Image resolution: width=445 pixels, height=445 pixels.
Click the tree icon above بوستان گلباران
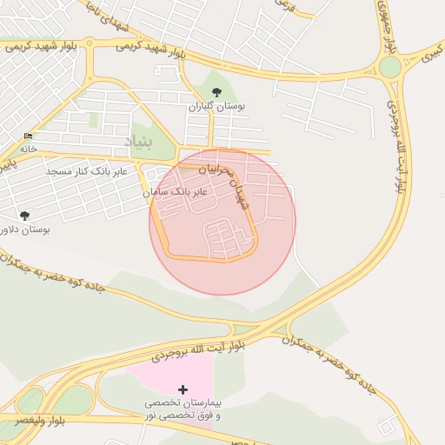[x=216, y=92]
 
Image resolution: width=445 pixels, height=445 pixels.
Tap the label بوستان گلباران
[x=217, y=106]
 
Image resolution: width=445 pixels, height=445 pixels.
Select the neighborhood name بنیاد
[x=137, y=141]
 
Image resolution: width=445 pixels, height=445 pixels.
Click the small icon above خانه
[x=29, y=136]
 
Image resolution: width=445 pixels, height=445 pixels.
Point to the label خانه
[x=29, y=149]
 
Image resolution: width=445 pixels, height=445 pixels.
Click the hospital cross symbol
[x=182, y=390]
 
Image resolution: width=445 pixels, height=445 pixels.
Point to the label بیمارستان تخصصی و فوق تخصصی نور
[x=182, y=409]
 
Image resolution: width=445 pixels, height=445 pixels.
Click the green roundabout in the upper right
[x=390, y=67]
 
